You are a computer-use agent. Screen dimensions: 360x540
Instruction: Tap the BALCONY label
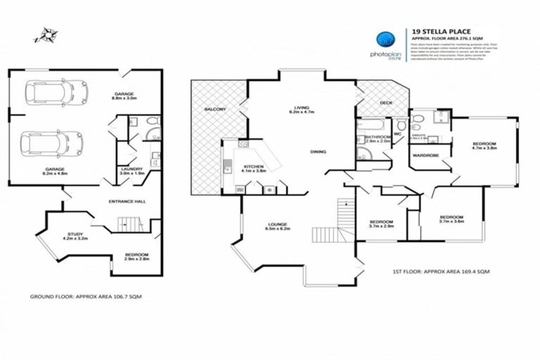[214, 110]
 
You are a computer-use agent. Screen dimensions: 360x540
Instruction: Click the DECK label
[386, 103]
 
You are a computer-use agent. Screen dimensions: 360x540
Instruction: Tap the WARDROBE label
[425, 155]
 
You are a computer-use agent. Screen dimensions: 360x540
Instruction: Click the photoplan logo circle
[383, 39]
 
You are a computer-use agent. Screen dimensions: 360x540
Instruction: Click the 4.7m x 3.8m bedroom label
[484, 146]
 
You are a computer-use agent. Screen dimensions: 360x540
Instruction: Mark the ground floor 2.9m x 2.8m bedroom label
[137, 257]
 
